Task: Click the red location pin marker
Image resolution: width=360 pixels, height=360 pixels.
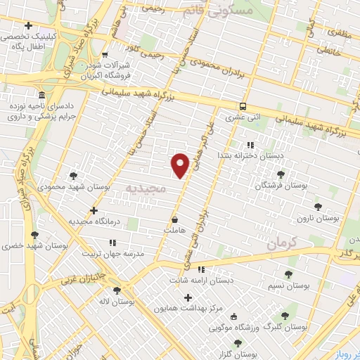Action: point(181,165)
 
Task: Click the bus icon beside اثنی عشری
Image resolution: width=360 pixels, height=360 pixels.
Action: point(243,106)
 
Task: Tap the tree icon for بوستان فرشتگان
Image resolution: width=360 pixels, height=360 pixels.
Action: point(281,174)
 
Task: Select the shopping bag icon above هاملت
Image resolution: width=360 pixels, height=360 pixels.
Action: point(174,219)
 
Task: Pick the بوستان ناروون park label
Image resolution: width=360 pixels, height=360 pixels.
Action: point(317,219)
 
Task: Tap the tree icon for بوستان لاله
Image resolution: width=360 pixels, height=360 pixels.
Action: point(117,290)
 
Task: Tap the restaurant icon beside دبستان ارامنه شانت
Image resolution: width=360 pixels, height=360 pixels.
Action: point(201,269)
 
